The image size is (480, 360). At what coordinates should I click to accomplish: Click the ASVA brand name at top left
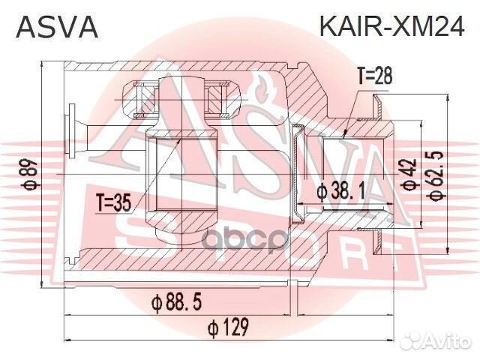tap(56, 27)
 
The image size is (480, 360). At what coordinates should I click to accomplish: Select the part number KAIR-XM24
tap(393, 27)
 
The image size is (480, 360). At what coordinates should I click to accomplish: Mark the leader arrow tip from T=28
tap(343, 136)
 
